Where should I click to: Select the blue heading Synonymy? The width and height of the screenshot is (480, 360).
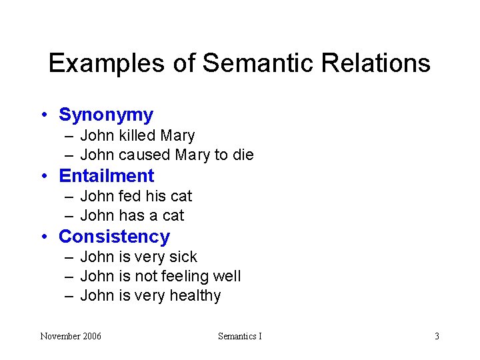click(106, 115)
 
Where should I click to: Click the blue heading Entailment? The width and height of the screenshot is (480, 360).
click(107, 175)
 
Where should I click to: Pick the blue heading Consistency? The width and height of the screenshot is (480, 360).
click(114, 236)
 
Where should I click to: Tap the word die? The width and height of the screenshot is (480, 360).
click(243, 155)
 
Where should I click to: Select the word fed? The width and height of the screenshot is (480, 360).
click(130, 196)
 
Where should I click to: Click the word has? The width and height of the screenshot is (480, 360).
click(131, 215)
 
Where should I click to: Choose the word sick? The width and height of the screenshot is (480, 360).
click(183, 257)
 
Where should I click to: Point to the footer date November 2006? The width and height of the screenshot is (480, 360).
click(71, 336)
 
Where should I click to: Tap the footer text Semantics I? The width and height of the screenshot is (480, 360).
click(240, 336)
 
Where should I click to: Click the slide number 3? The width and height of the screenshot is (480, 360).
click(437, 336)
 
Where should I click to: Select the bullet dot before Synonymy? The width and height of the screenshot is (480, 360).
click(43, 115)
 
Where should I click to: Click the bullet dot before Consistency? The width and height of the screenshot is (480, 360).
click(43, 237)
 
